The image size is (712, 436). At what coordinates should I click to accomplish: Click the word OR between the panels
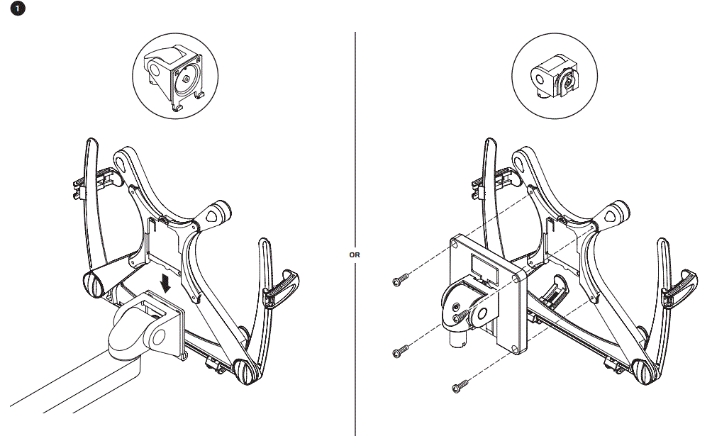355,253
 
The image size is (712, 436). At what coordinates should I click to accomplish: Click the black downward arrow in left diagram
167,284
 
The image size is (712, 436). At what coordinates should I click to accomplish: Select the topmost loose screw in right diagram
400,281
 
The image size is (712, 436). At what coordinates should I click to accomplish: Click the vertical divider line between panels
355,142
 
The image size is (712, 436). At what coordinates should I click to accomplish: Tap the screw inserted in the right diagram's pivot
460,311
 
